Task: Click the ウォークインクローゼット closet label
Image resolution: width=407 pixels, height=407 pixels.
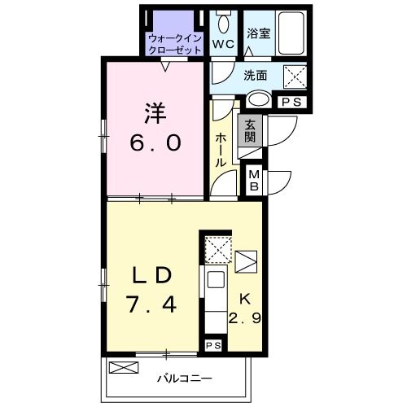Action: coord(174,44)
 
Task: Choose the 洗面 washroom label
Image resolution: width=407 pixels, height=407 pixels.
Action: coord(256,76)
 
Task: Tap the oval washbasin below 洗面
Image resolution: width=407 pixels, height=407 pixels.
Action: coord(260,100)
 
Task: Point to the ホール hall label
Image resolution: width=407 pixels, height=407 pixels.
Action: coord(221,151)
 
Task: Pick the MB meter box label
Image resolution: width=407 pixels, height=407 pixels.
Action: coord(253,179)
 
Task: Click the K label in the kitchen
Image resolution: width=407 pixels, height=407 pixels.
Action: coord(244,298)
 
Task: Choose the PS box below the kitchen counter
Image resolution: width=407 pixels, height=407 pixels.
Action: coord(212,345)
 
